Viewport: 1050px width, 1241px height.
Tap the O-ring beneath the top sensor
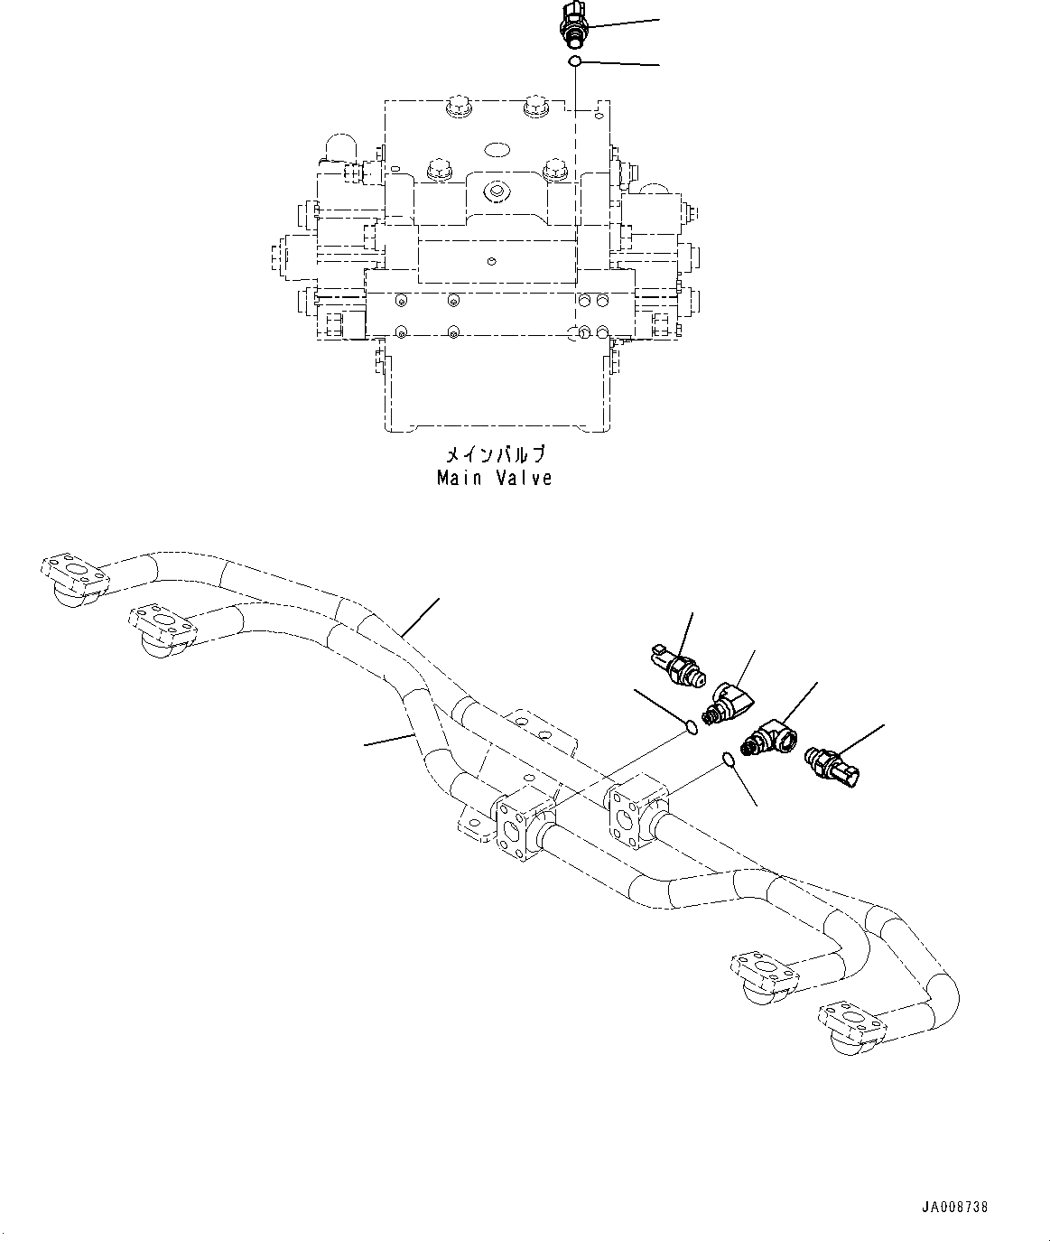(574, 61)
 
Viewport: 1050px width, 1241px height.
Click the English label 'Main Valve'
(494, 479)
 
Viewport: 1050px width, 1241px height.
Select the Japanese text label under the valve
(495, 454)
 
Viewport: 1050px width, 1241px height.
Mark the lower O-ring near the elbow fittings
(729, 760)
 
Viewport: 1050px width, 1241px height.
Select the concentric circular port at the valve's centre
(494, 191)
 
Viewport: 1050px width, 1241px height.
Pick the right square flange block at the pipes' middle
(632, 812)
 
